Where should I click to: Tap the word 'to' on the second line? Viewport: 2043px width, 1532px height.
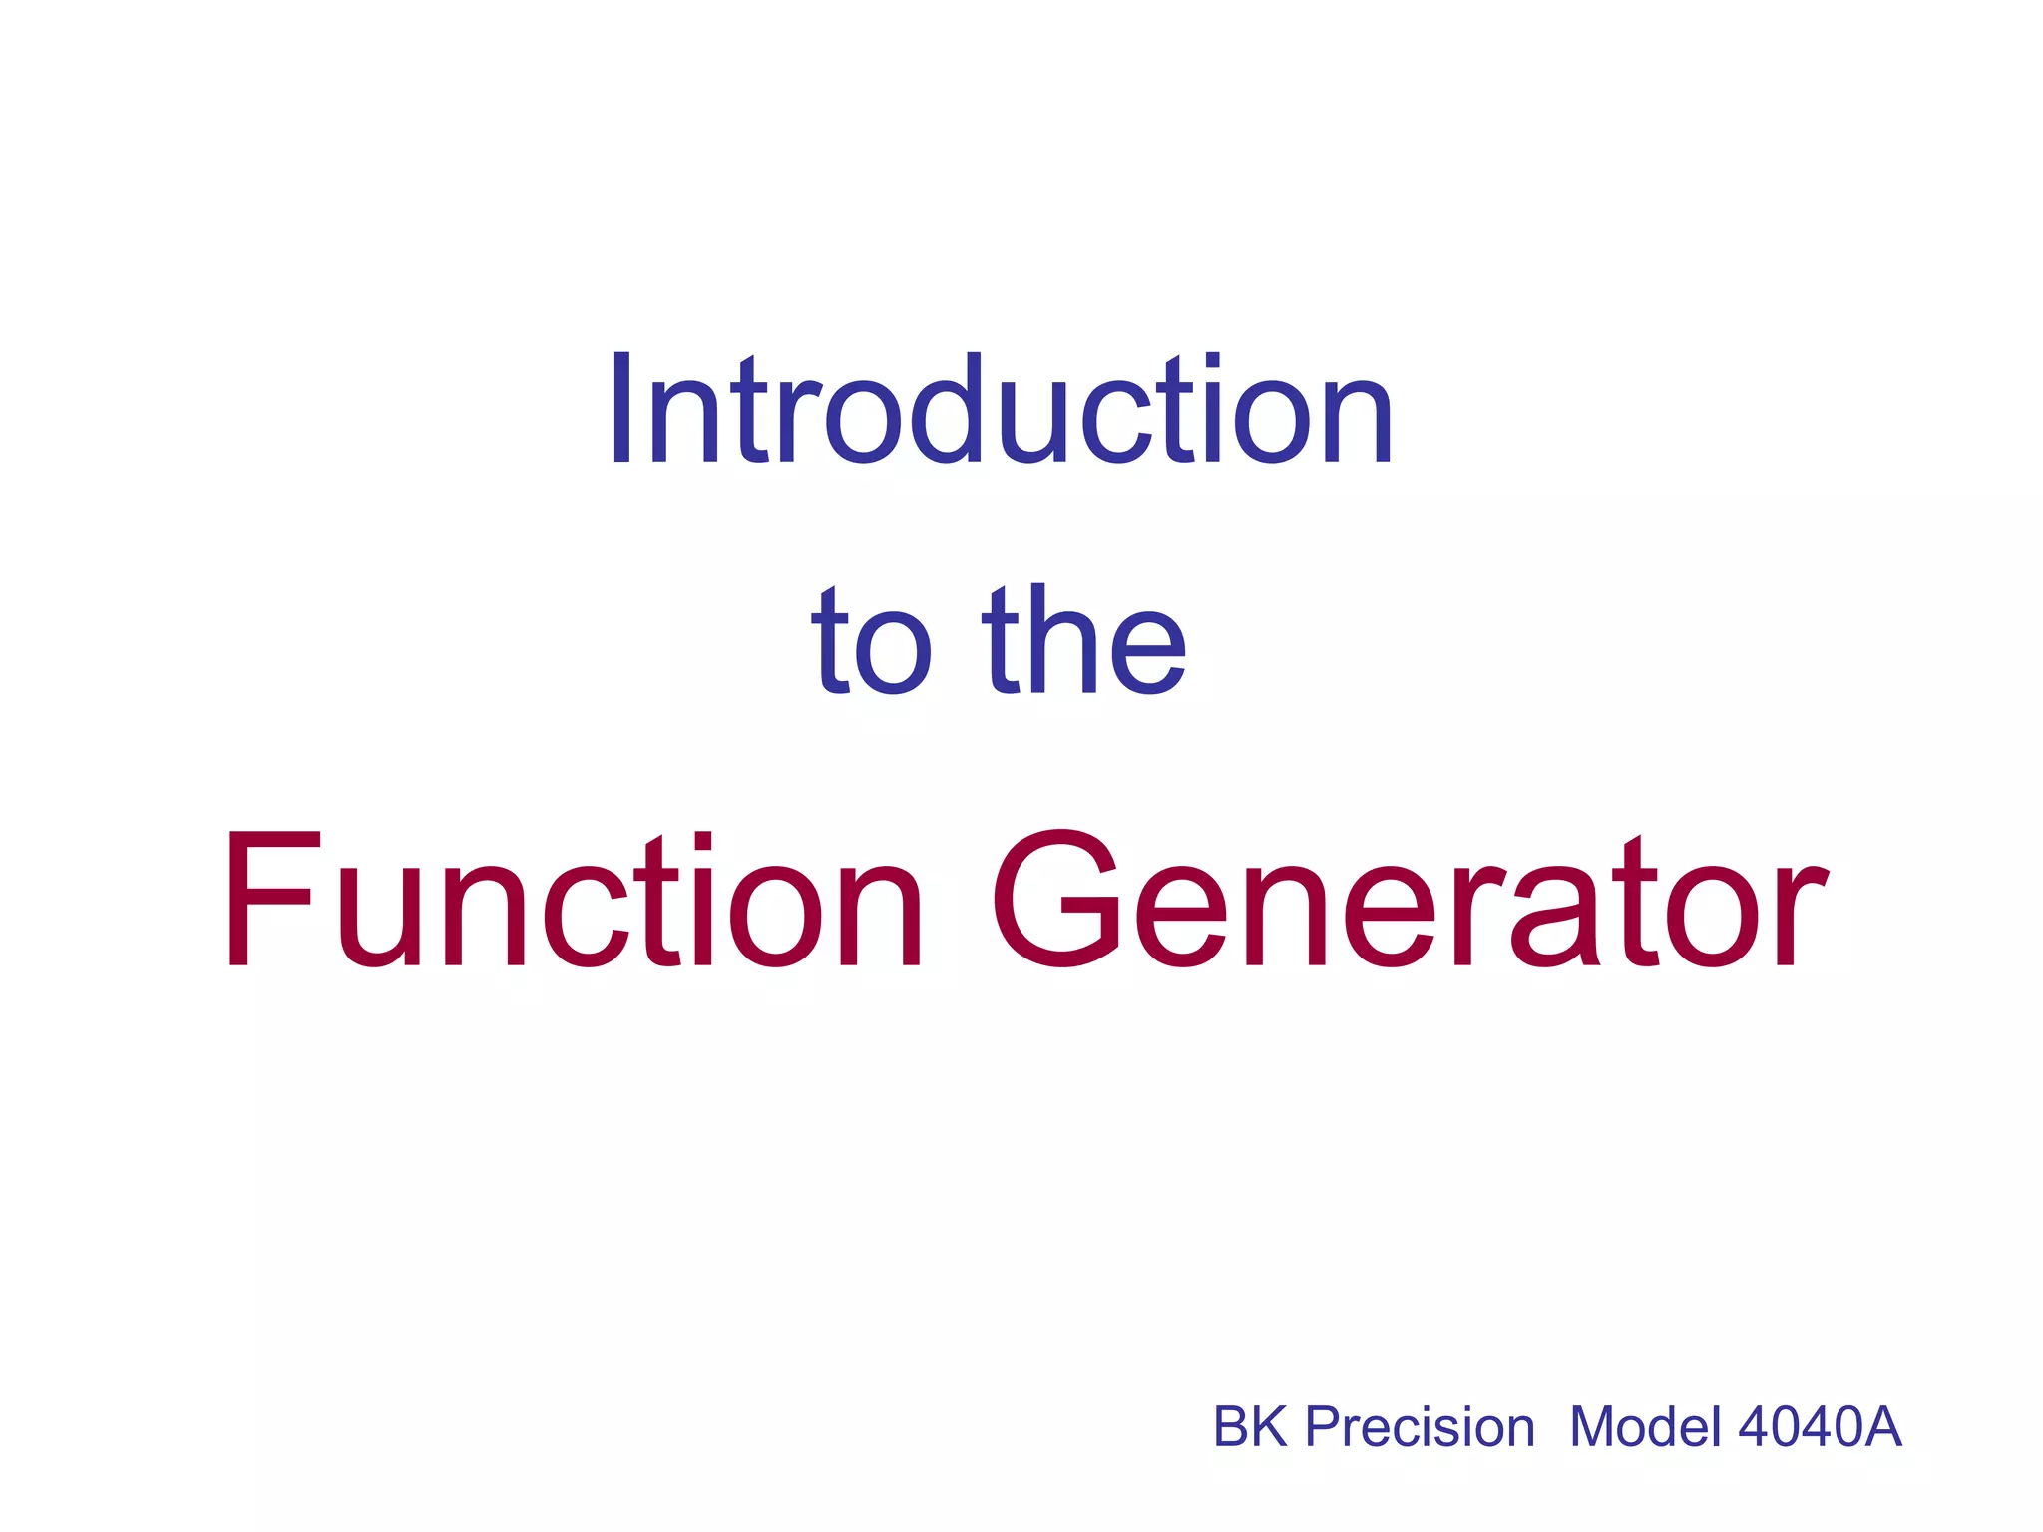point(871,643)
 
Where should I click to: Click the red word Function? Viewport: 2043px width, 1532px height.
point(572,901)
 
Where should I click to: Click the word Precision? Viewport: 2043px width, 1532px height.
point(1420,1427)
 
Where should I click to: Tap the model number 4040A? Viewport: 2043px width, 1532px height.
point(1820,1427)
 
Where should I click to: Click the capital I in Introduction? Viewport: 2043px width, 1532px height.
point(621,409)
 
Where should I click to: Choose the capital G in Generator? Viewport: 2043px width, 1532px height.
point(1055,900)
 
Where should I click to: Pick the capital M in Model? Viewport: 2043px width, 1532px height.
point(1597,1427)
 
